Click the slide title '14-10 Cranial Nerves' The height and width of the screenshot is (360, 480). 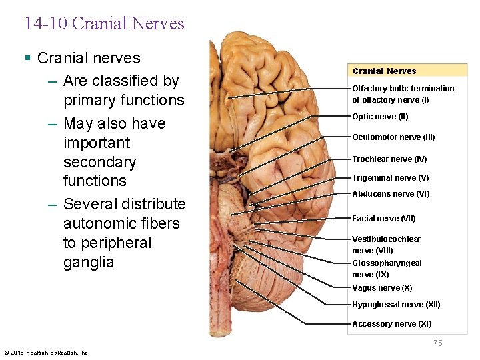coord(104,24)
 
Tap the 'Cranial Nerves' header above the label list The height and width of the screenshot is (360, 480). coord(384,71)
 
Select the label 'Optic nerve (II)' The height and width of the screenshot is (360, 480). coord(380,117)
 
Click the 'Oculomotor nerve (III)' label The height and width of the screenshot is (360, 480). coord(393,137)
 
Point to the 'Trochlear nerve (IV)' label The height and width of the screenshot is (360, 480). coord(389,159)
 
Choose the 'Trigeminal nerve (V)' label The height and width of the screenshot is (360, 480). coord(390,178)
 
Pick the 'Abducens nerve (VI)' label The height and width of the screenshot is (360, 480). coord(391,194)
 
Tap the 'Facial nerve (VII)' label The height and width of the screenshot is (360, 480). coord(384,219)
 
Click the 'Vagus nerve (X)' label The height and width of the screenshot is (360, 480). coord(382,288)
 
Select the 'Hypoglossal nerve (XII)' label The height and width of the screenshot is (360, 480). coord(396,305)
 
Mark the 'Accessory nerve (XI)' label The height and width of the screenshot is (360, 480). coord(391,324)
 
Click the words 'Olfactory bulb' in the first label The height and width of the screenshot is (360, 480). coord(378,89)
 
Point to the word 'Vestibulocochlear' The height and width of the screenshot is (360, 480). coord(386,239)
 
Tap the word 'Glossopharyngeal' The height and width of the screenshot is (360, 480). coord(387,263)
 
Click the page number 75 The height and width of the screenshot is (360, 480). coord(437,343)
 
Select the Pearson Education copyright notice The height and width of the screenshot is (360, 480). coord(47,353)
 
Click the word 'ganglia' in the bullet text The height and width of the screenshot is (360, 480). coord(89,262)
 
